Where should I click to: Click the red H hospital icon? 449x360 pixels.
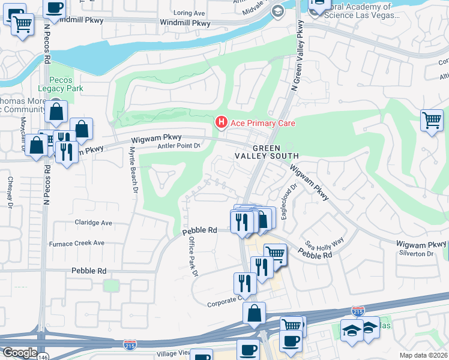[x=221, y=123]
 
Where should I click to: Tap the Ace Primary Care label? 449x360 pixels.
[x=263, y=123]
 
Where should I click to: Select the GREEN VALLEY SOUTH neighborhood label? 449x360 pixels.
[x=275, y=152]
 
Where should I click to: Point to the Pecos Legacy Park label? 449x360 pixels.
[x=67, y=84]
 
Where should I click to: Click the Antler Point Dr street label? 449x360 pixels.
[x=178, y=146]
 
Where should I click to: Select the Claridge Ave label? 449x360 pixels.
[x=93, y=223]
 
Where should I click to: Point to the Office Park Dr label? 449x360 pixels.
[x=193, y=256]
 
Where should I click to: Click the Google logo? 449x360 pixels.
[x=19, y=353]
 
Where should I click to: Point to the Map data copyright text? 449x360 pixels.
[x=423, y=355]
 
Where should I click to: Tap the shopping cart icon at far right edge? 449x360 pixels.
[x=432, y=119]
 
